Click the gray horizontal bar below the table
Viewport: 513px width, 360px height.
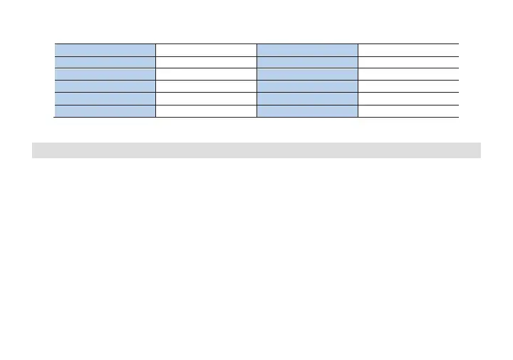(256, 150)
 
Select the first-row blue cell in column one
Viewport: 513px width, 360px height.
(105, 49)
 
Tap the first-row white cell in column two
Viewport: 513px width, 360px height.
(206, 49)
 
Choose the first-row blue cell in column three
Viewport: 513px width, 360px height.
(307, 49)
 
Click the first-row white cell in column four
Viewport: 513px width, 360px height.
(408, 49)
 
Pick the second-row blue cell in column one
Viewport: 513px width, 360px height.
(105, 61)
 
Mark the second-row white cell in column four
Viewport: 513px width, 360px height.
(408, 61)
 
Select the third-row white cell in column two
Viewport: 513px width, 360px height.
(206, 73)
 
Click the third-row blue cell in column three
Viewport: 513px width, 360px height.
(307, 73)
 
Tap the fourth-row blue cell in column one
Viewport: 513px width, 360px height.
(105, 86)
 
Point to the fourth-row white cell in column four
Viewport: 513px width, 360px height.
(408, 86)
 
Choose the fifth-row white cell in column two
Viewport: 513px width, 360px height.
(206, 98)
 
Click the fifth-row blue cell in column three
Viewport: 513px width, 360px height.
(307, 98)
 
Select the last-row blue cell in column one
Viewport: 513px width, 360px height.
(105, 110)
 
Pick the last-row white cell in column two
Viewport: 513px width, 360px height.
(206, 110)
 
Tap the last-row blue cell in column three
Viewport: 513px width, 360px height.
(307, 110)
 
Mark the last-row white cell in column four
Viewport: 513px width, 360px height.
(408, 110)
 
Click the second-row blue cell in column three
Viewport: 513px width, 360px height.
(307, 61)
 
